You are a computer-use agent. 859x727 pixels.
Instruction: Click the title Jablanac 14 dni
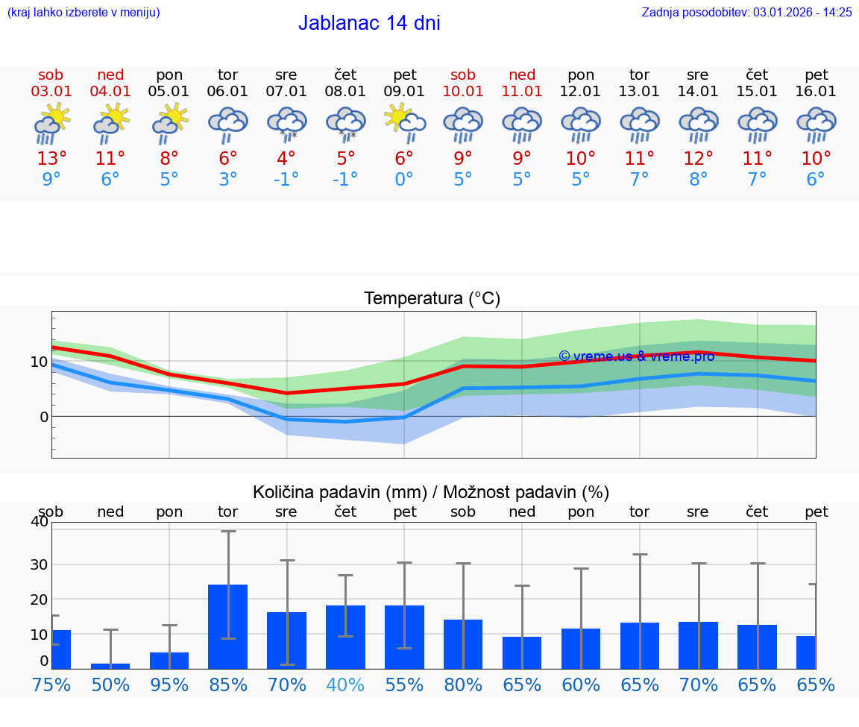tap(369, 23)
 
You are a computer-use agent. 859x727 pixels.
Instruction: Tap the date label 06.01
tap(227, 91)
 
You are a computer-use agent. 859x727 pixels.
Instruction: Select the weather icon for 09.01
tap(405, 123)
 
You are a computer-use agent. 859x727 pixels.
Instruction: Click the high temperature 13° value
tap(51, 159)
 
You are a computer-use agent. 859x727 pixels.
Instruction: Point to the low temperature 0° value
tap(404, 180)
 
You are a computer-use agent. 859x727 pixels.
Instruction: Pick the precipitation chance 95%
tap(169, 685)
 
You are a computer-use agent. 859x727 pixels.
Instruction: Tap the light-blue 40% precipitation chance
tap(346, 685)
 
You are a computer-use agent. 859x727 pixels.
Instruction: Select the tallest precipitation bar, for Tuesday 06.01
tap(227, 626)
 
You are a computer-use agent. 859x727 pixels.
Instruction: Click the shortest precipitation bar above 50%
tap(110, 666)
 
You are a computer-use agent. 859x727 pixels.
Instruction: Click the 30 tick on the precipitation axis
tap(39, 564)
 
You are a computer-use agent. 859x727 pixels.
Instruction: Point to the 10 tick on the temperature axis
tap(39, 362)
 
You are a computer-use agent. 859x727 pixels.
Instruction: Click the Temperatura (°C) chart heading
tap(432, 299)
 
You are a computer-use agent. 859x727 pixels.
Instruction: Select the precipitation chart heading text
tap(431, 492)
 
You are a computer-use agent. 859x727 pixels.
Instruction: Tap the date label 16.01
tap(816, 91)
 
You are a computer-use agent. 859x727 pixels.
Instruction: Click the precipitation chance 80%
tap(463, 685)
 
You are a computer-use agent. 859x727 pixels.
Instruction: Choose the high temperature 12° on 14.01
tap(698, 159)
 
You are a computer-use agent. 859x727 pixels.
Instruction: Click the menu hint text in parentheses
tap(84, 12)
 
